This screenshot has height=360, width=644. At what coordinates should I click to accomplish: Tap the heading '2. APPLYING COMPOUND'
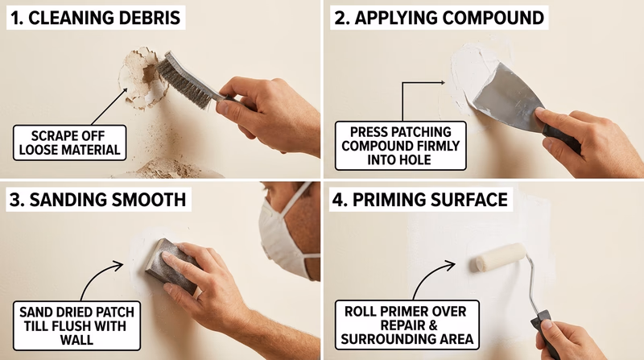[424, 15]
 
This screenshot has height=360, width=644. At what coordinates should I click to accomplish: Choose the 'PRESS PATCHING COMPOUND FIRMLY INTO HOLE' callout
[400, 145]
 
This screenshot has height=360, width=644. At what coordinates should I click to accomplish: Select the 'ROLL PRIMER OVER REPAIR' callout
[406, 325]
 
